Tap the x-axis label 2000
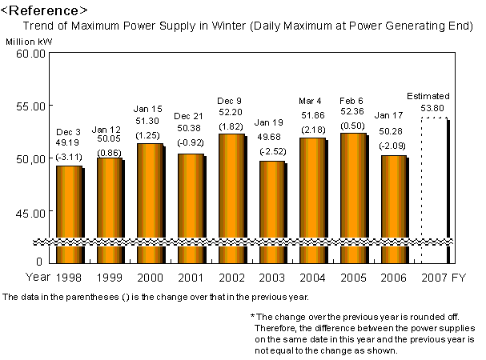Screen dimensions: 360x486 tap(151, 278)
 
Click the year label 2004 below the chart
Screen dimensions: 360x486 tap(313, 278)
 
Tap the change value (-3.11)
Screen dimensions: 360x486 tap(70, 158)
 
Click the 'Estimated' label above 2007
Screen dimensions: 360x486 tap(428, 95)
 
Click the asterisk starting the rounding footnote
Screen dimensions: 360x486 tap(252, 318)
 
